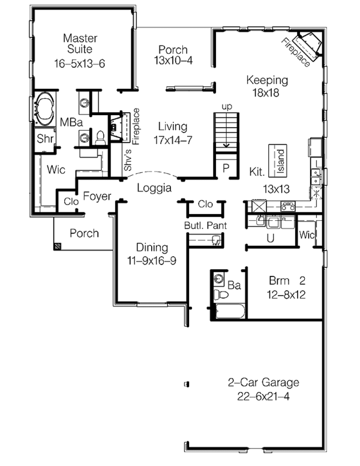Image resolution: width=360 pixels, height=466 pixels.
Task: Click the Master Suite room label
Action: (x=80, y=43)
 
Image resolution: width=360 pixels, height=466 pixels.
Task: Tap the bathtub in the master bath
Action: (x=44, y=109)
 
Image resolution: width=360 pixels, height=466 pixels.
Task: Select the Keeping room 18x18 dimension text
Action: (x=266, y=93)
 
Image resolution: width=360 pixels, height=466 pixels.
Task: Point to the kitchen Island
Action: (x=278, y=161)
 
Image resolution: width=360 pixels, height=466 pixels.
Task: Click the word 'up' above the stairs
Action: (x=227, y=106)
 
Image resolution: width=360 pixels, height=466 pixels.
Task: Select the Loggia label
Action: (x=154, y=188)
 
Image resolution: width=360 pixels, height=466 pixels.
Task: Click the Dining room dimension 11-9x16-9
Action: (x=152, y=261)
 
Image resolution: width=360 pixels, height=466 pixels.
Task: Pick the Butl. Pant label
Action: (x=205, y=226)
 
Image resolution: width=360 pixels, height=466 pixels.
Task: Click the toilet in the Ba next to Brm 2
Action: (x=221, y=294)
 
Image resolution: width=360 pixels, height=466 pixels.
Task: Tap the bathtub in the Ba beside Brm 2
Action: (x=229, y=311)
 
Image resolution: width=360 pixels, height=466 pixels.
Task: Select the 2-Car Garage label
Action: (x=263, y=382)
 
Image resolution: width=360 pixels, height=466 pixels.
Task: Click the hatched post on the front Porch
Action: (x=58, y=246)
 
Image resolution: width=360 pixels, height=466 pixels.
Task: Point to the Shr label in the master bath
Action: (x=45, y=138)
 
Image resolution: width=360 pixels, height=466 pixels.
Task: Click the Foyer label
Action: (x=97, y=196)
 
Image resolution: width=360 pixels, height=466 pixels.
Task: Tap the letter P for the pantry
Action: (x=226, y=168)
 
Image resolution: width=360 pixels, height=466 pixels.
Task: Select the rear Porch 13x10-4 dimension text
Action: (x=173, y=61)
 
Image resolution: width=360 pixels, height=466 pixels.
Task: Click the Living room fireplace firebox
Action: (x=116, y=127)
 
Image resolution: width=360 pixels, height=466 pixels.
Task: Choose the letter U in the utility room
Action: (x=271, y=238)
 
